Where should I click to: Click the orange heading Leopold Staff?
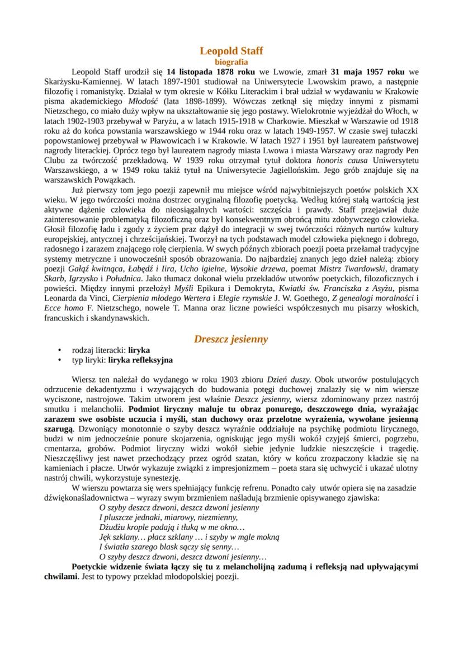click(x=232, y=51)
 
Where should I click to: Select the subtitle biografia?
click(x=232, y=62)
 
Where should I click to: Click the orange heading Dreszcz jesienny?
click(x=231, y=339)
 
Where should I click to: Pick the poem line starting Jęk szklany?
click(x=188, y=536)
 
